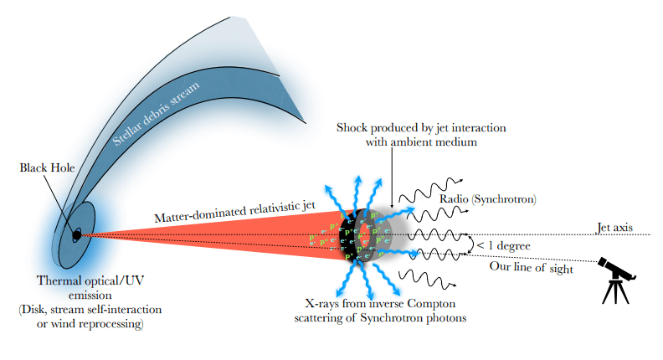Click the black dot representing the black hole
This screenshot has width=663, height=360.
tap(76, 235)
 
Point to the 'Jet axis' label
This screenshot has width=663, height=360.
tap(616, 226)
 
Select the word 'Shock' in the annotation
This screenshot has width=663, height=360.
tap(352, 127)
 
